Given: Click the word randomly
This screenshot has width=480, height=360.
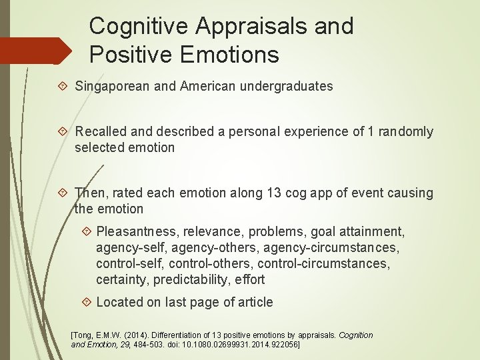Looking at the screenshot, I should point(406,132).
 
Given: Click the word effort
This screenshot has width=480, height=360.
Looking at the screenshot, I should point(249,279).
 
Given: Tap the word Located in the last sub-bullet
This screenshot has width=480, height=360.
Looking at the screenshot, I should point(120,302).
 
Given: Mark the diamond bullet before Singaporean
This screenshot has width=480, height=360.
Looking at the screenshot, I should point(63,86).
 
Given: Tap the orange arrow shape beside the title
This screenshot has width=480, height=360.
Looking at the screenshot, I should point(37,51).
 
